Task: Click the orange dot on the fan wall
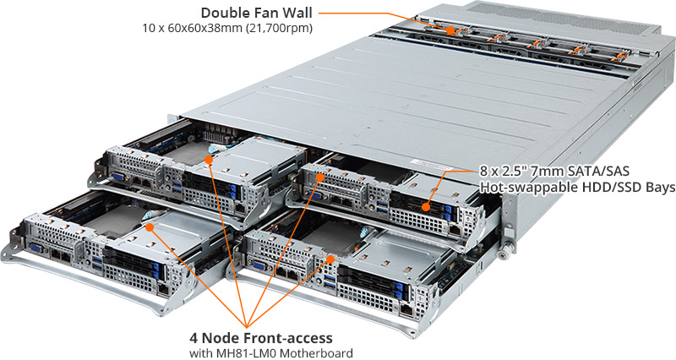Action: pyautogui.click(x=451, y=30)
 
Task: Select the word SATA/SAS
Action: pyautogui.click(x=587, y=171)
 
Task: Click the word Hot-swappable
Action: pyautogui.click(x=523, y=188)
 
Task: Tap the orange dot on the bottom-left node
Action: pyautogui.click(x=150, y=226)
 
